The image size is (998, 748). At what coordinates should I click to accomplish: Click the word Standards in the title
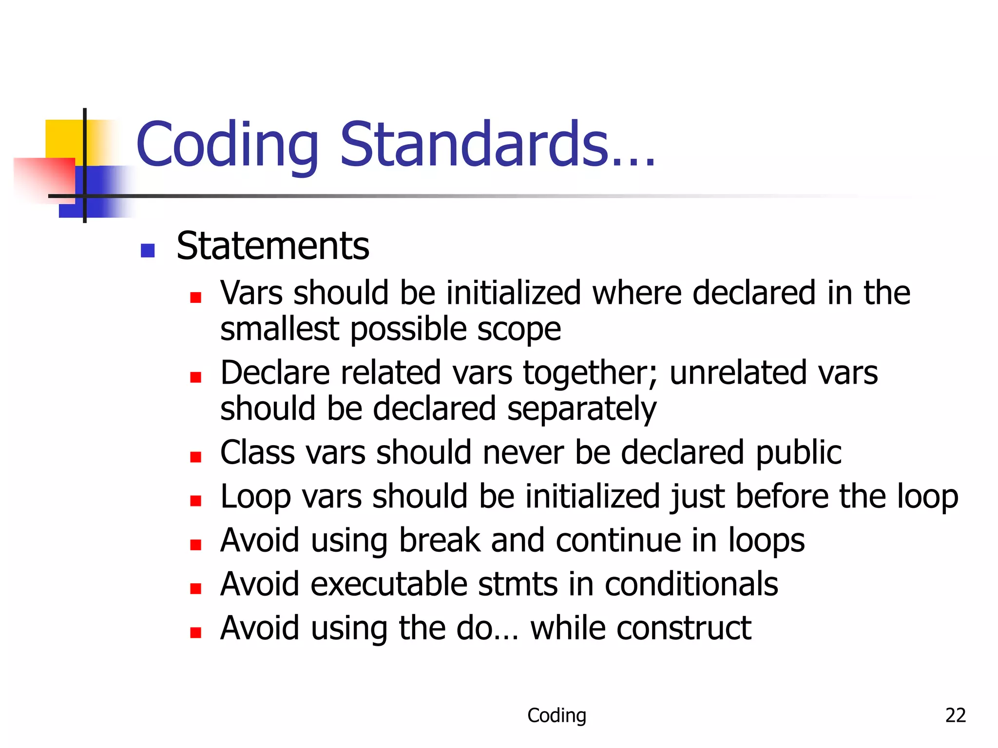[497, 145]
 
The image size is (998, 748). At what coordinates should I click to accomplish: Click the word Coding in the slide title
[227, 145]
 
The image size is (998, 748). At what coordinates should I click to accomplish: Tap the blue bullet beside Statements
[147, 250]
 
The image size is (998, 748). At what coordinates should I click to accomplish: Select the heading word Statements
[273, 246]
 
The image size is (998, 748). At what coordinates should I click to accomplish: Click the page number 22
[955, 715]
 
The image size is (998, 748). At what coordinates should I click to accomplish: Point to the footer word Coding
[557, 715]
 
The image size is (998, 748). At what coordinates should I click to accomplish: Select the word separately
[582, 409]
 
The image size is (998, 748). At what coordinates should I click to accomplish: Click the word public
[799, 453]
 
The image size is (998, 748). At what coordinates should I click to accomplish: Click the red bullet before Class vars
[196, 457]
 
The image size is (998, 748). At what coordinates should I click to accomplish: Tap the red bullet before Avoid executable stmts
[196, 589]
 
